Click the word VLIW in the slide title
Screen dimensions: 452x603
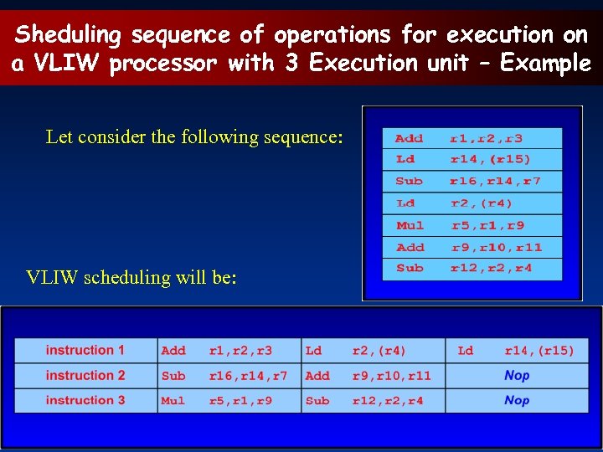click(x=60, y=64)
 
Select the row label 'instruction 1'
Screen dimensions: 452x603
click(x=85, y=350)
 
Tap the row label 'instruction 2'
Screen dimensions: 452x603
click(x=85, y=375)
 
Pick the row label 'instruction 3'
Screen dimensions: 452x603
click(x=85, y=400)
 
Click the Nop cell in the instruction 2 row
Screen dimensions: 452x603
click(x=517, y=375)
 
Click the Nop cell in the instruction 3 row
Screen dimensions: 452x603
click(x=517, y=400)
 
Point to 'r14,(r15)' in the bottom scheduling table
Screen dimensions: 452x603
click(x=539, y=351)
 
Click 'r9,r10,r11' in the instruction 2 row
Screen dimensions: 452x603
click(x=392, y=376)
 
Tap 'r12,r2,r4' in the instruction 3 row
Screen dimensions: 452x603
click(x=388, y=401)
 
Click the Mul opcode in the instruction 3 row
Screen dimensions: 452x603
click(x=173, y=401)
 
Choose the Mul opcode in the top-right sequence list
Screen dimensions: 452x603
click(x=410, y=225)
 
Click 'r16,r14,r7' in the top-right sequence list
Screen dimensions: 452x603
click(x=495, y=181)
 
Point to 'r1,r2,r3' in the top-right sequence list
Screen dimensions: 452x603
click(x=486, y=138)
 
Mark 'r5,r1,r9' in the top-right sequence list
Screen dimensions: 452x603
click(x=487, y=225)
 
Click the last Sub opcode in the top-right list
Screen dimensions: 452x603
click(x=410, y=268)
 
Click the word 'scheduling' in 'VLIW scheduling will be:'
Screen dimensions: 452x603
click(x=128, y=277)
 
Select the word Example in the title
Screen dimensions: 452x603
click(x=545, y=64)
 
